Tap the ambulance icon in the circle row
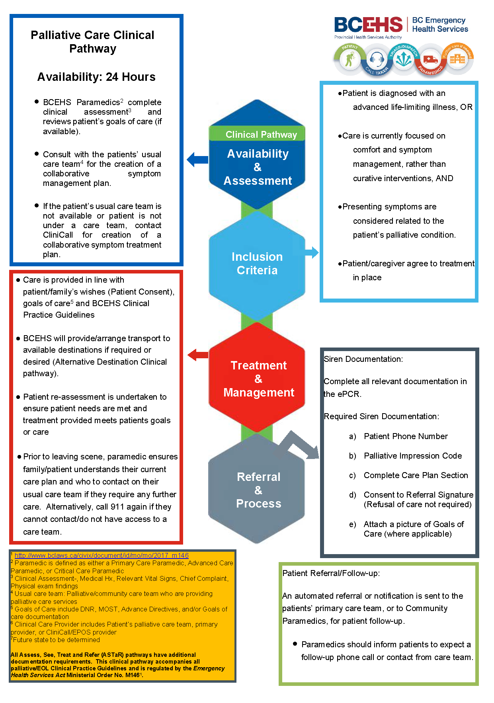430,60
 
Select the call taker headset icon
376,60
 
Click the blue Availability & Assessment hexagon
257,167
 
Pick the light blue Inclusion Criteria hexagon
257,264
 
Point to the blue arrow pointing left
197,160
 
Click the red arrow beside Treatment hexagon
198,355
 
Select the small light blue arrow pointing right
312,252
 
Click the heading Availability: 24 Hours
96,77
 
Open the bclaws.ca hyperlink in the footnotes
102,555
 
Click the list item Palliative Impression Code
413,456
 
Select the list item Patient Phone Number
406,436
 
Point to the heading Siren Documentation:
363,359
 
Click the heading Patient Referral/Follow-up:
331,573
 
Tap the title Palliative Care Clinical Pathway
92,42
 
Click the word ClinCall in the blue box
58,235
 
